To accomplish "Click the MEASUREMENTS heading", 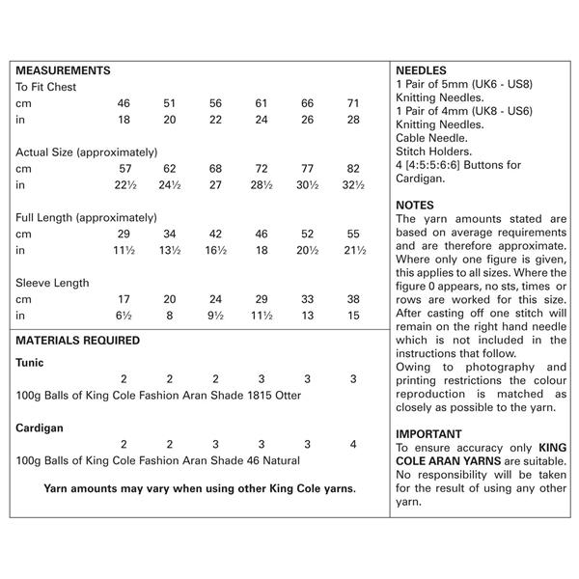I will click(64, 70).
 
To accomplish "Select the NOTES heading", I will click(415, 205).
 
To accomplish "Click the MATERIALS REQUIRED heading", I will click(78, 341).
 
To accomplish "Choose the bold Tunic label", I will click(30, 363).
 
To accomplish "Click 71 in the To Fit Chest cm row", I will click(353, 102).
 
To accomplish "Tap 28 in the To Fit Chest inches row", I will click(353, 119).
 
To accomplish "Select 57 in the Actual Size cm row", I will click(124, 168).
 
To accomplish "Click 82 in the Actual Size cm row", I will click(353, 168).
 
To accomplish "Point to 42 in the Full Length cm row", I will click(215, 234).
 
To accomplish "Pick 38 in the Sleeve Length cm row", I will click(353, 299).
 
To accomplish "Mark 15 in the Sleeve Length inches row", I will click(353, 316).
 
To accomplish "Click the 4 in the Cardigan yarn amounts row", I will click(353, 444).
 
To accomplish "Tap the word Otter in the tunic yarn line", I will click(287, 396).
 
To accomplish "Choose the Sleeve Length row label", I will click(52, 283).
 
